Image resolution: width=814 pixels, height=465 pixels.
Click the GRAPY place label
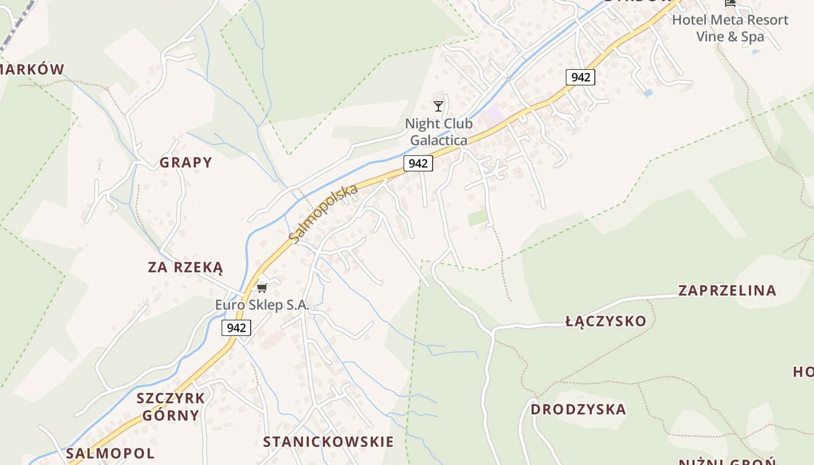tap(186, 162)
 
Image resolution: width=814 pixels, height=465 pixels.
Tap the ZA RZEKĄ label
tap(185, 267)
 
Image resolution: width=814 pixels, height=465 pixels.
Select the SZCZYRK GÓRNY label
tap(171, 406)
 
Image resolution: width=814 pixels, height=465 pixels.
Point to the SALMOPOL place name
tap(110, 453)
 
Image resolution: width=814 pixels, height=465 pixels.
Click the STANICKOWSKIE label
tap(329, 442)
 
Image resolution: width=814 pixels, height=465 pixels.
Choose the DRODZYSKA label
tap(578, 409)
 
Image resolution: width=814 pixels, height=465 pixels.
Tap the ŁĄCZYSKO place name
tap(606, 321)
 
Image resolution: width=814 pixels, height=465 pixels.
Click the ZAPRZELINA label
tap(727, 291)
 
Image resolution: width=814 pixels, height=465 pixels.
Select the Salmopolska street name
tap(323, 214)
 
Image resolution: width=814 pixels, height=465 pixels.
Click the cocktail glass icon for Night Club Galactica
tap(438, 106)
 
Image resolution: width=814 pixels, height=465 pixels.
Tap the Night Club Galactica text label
tap(438, 132)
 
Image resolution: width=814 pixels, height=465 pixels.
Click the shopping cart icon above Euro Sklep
tap(262, 288)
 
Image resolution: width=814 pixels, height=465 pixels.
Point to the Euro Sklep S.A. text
tap(262, 305)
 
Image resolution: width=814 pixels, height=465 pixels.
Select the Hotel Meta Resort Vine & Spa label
tap(730, 28)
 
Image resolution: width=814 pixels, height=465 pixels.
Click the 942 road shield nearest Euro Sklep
tap(236, 328)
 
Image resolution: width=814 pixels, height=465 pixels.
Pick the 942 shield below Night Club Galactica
tap(418, 163)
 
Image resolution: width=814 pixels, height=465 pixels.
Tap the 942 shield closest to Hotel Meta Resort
tap(580, 77)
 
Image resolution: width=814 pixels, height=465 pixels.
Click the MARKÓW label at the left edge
tap(31, 70)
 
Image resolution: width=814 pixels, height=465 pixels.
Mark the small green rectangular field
tap(478, 218)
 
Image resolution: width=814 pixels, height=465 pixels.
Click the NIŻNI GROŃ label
tap(727, 462)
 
